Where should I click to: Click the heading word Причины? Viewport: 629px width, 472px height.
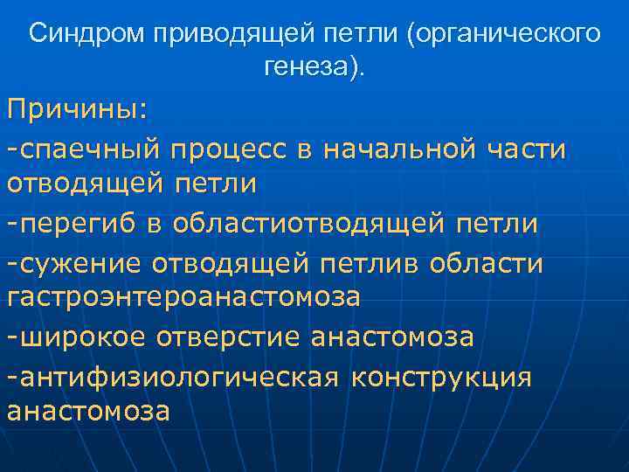[77, 111]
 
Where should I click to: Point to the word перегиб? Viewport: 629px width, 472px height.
[82, 224]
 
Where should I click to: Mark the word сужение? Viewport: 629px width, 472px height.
[82, 261]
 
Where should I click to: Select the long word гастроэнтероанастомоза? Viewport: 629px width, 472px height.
[183, 298]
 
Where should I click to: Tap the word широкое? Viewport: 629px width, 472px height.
[82, 337]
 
